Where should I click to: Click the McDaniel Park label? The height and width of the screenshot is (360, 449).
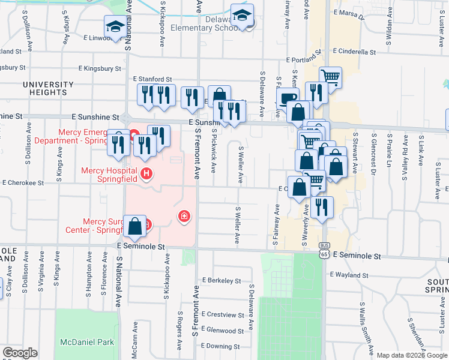pos(87,341)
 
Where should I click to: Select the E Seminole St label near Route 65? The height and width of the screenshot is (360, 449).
pos(357,256)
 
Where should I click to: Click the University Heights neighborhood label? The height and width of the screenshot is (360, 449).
pos(52,89)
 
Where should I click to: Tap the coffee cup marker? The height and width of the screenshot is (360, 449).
pos(288,98)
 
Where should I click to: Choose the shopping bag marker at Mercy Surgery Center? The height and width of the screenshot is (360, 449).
pos(135,226)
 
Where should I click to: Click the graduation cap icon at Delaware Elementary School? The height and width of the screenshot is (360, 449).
pos(243,15)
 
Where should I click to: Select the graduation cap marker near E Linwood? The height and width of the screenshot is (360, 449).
pos(115,26)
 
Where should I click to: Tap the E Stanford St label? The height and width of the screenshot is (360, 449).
pos(152,79)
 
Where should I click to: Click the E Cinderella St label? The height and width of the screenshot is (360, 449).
pos(357,52)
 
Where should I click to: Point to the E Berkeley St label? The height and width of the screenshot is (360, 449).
pos(221,280)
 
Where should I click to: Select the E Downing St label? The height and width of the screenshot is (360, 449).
pos(220,346)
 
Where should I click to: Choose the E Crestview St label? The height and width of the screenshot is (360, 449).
pos(223,314)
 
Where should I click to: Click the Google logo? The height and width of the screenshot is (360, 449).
pos(20,353)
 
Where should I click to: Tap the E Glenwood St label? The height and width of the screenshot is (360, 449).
pos(222,330)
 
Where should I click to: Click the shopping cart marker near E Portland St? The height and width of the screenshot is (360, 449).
pos(330,77)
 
